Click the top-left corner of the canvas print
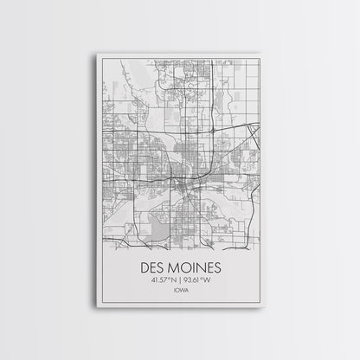(x=98, y=54)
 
